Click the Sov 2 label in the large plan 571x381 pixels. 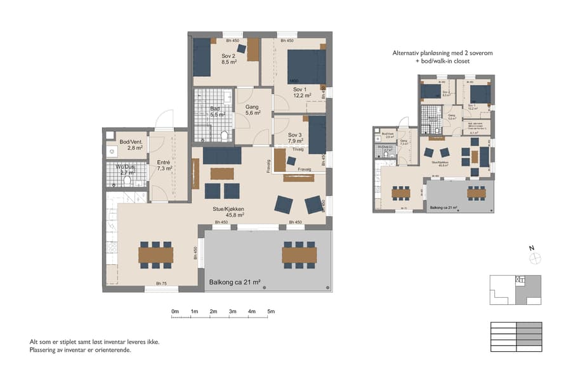(228, 55)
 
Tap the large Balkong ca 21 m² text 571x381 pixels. (235, 281)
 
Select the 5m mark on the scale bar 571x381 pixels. (271, 311)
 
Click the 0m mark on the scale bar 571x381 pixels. (175, 311)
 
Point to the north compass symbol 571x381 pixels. (535, 257)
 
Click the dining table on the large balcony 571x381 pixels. (299, 255)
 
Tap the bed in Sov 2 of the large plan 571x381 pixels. (202, 57)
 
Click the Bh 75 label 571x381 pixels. (162, 284)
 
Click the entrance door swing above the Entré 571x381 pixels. (164, 120)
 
